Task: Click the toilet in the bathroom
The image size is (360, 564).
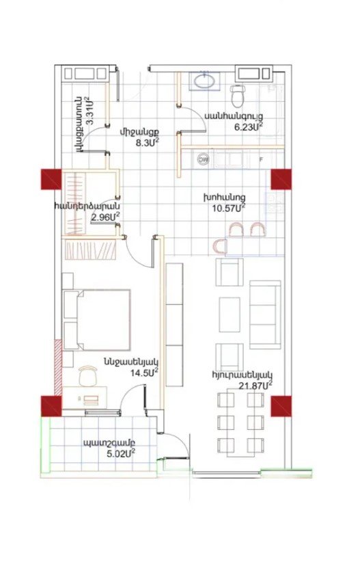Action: pyautogui.click(x=238, y=96)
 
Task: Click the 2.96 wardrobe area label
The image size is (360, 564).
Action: pyautogui.click(x=105, y=217)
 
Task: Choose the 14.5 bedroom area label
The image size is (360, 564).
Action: pyautogui.click(x=144, y=372)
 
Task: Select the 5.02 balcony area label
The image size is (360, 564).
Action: pyautogui.click(x=121, y=453)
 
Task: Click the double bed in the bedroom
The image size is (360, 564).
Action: pyautogui.click(x=96, y=320)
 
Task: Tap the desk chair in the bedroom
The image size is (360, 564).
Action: pyautogui.click(x=88, y=376)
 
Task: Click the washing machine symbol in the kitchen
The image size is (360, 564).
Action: pyautogui.click(x=203, y=159)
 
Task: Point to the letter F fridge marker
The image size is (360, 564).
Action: pyautogui.click(x=261, y=159)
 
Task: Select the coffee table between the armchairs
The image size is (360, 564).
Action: pyautogui.click(x=230, y=314)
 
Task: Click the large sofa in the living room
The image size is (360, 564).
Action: pyautogui.click(x=265, y=314)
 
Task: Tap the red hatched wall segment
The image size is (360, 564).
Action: pyautogui.click(x=58, y=367)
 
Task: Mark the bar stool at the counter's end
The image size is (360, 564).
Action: pyautogui.click(x=219, y=247)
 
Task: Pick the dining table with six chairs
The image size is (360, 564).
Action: pyautogui.click(x=240, y=424)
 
